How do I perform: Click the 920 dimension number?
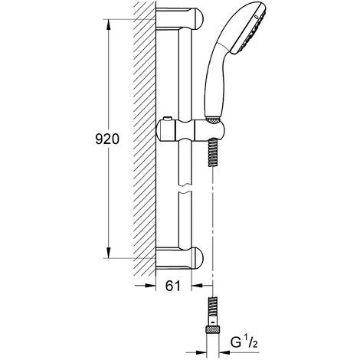pyautogui.click(x=107, y=139)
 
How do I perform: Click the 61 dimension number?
pyautogui.click(x=173, y=286)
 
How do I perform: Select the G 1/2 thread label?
pyautogui.click(x=244, y=342)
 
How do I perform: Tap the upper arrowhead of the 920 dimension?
pyautogui.click(x=109, y=25)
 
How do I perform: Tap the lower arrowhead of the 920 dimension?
pyautogui.click(x=109, y=253)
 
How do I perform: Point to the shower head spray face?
pyautogui.click(x=250, y=31)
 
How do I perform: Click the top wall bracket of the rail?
pyautogui.click(x=180, y=18)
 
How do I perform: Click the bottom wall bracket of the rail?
pyautogui.click(x=180, y=258)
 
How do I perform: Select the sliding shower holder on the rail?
pyautogui.click(x=191, y=130)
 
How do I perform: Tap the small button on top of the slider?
pyautogui.click(x=168, y=119)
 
